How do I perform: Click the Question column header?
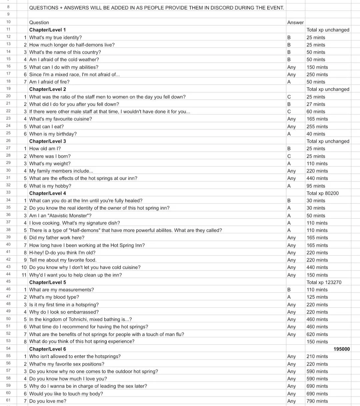[39, 22]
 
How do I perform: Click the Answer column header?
[295, 22]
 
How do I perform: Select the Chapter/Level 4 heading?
[48, 193]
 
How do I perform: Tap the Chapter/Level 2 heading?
[48, 89]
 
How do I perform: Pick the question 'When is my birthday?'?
[53, 134]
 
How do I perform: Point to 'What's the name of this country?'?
[65, 52]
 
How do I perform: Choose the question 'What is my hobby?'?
[50, 186]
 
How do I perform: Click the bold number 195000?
[342, 349]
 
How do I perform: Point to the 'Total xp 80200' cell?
[323, 193]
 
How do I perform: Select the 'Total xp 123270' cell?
[324, 282]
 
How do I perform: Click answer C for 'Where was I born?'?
[289, 156]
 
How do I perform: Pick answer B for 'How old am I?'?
[289, 148]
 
